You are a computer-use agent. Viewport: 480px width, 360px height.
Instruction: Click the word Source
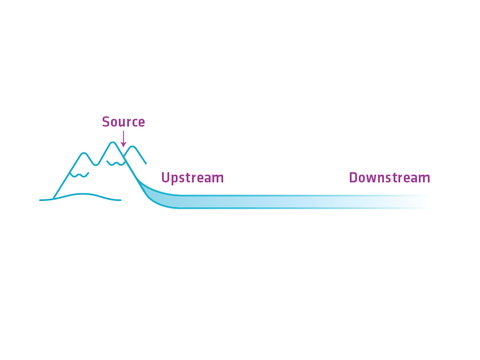(x=123, y=122)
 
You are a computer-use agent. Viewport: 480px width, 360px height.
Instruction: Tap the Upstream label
(x=192, y=178)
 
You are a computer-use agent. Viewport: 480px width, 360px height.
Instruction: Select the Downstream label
(x=389, y=178)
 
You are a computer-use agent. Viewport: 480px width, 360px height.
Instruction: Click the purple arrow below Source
(x=123, y=139)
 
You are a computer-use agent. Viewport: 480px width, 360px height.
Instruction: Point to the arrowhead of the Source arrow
(x=123, y=145)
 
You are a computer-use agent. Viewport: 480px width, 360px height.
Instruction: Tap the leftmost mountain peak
(x=85, y=154)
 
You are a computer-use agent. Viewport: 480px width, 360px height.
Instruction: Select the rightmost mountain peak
(x=133, y=147)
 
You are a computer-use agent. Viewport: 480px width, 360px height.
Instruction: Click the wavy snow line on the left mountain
(x=79, y=175)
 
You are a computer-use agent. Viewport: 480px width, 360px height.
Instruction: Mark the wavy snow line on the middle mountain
(x=116, y=163)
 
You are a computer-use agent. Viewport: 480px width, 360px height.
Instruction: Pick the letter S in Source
(x=106, y=122)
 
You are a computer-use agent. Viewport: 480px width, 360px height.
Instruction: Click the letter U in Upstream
(x=165, y=178)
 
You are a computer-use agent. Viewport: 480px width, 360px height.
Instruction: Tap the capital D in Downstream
(x=353, y=178)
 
